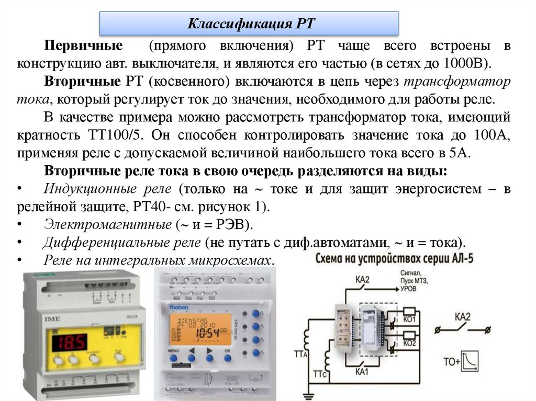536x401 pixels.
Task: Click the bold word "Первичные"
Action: tap(84, 45)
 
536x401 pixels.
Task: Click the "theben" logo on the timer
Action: tap(180, 309)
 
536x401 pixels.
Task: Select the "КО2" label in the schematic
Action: tap(409, 343)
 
